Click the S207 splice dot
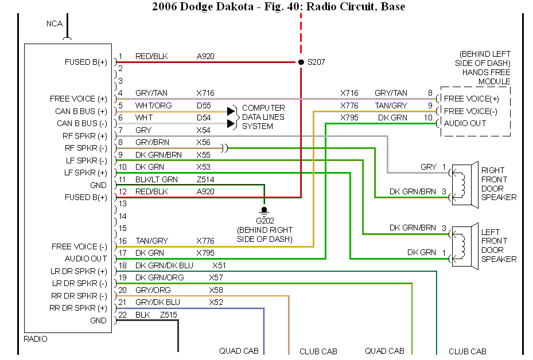coord(301,62)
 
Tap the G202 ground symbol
coord(264,210)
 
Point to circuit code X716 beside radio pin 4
coord(205,93)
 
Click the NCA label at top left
coord(55,24)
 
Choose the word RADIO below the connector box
coord(36,339)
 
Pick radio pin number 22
coord(122,315)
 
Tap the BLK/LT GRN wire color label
coord(157,179)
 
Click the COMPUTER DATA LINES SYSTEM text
coord(263,117)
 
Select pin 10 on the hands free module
coord(428,118)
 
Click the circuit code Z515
coord(169,315)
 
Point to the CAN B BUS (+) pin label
coord(81,111)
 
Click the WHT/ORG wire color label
coord(153,105)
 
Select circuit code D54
coord(204,118)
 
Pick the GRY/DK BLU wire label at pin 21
coord(157,302)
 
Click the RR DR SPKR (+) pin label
coord(79,308)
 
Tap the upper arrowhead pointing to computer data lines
coord(232,111)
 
